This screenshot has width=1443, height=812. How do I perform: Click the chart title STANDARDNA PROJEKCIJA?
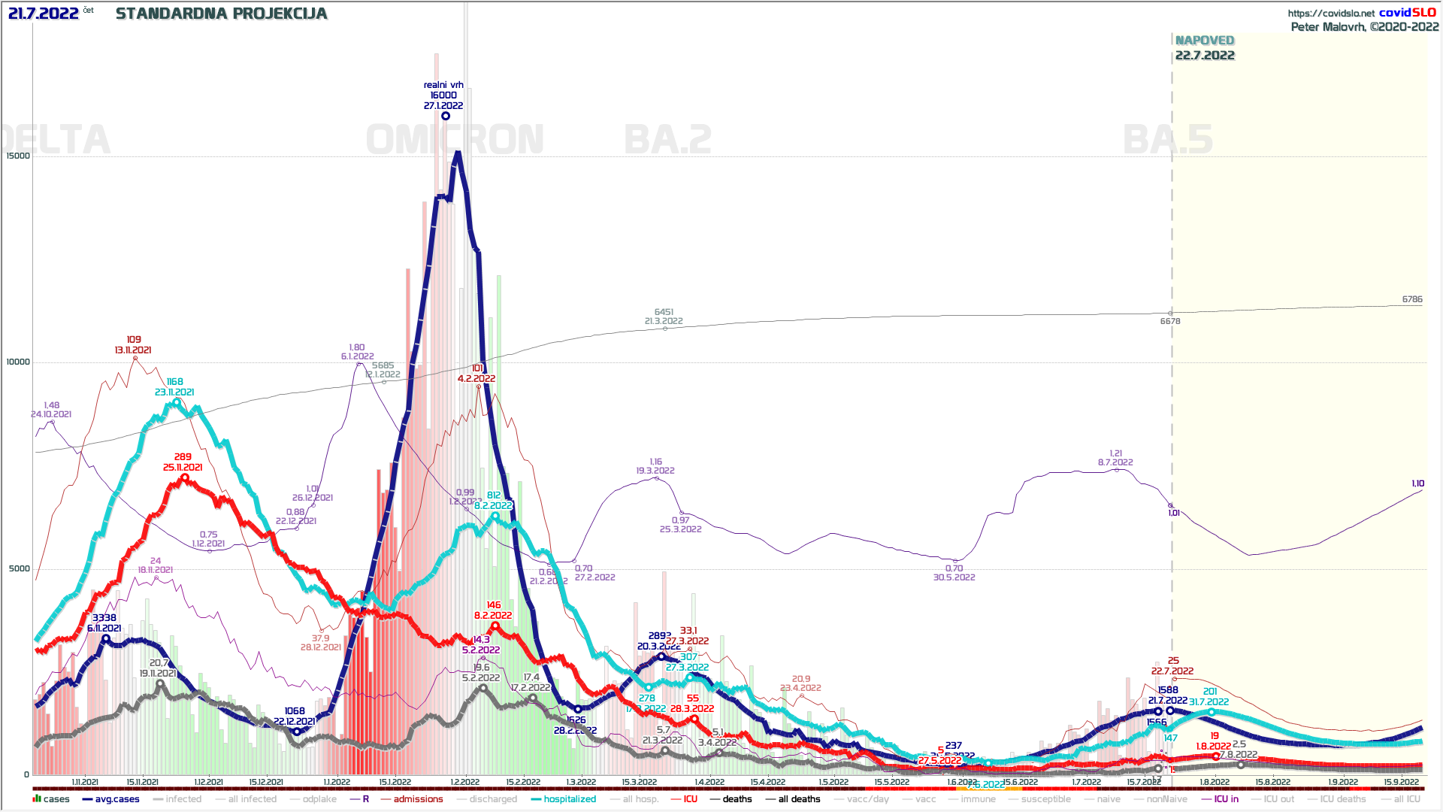point(221,14)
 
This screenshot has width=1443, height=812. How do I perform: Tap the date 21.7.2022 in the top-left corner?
point(43,14)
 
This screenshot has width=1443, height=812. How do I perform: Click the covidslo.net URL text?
point(1330,13)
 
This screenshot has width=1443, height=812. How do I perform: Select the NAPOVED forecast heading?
point(1204,41)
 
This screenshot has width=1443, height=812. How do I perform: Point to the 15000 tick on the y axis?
point(18,156)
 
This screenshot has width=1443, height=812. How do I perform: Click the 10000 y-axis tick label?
point(18,362)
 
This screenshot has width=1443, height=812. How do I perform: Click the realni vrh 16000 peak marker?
point(446,116)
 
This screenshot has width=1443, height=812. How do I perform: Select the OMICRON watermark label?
point(455,140)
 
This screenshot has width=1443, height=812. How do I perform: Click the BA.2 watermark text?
point(667,140)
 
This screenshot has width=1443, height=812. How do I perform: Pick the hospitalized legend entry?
point(569,799)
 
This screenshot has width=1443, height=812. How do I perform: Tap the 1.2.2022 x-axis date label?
point(465,782)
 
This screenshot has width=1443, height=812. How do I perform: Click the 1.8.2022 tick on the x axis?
point(1215,782)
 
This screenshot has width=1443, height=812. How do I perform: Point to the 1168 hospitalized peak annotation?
point(174,382)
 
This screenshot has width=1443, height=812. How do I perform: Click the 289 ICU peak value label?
point(183,456)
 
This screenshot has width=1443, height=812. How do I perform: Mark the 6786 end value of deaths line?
point(1411,299)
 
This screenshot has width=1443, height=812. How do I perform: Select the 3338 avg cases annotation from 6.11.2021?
point(104,618)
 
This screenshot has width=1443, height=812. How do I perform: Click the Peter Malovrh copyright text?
point(1364,27)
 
